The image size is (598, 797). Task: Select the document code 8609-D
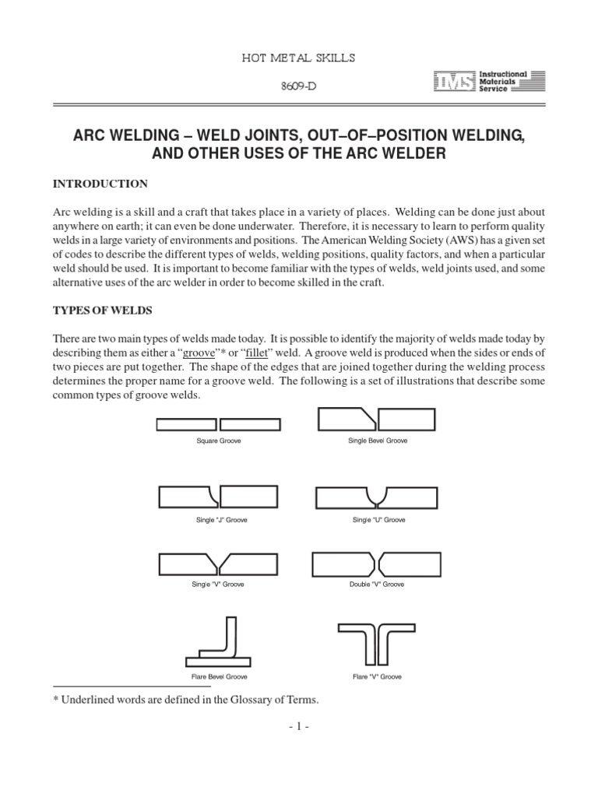(299, 86)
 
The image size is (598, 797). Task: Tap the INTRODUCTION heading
(100, 184)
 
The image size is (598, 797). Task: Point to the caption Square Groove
(219, 441)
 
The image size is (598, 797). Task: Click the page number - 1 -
(299, 727)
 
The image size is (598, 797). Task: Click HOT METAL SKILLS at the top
(298, 58)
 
